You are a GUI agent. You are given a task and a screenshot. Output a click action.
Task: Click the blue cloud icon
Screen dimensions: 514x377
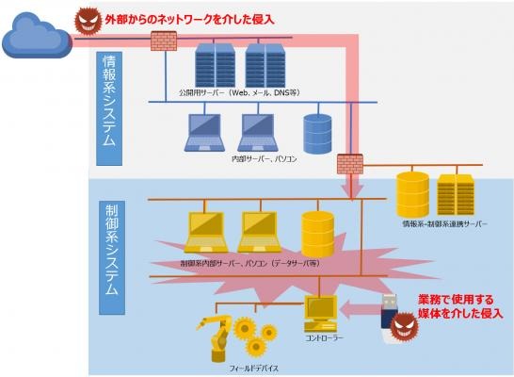[x=37, y=35]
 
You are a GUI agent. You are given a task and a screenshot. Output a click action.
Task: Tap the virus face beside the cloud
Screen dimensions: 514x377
[x=88, y=21]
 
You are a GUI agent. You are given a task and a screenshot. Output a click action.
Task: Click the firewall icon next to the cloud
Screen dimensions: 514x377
[x=164, y=41]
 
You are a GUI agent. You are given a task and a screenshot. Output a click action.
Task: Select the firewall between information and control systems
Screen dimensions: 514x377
[x=350, y=164]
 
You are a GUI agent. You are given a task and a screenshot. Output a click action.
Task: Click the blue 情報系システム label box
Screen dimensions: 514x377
[x=109, y=108]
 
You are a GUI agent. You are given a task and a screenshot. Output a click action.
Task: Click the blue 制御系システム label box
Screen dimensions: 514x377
[x=112, y=257]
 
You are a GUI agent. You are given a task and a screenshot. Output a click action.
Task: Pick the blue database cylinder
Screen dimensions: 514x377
[x=317, y=134]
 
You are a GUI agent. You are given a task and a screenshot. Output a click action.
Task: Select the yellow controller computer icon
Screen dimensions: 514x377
[x=321, y=314]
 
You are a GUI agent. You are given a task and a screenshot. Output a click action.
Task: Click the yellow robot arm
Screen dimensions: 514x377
[x=215, y=338]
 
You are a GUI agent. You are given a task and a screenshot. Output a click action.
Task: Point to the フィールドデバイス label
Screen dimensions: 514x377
[x=253, y=369]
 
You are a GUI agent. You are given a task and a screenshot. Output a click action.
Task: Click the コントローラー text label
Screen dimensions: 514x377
[x=324, y=338]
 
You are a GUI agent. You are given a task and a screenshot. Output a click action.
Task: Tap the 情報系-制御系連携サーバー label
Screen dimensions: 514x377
[x=444, y=224]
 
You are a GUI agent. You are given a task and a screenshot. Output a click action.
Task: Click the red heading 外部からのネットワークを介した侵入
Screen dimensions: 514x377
[x=189, y=20]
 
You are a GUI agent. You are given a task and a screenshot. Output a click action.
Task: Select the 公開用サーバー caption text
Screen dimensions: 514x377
[x=239, y=93]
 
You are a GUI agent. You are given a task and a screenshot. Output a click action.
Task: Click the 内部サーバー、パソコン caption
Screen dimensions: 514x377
[x=265, y=159]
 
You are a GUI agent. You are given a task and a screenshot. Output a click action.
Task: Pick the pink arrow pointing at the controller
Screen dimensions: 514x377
[x=360, y=309]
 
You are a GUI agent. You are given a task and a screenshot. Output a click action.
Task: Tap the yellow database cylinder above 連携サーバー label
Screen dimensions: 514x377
[x=412, y=193]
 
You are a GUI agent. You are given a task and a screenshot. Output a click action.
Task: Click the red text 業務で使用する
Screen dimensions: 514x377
[x=456, y=300]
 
